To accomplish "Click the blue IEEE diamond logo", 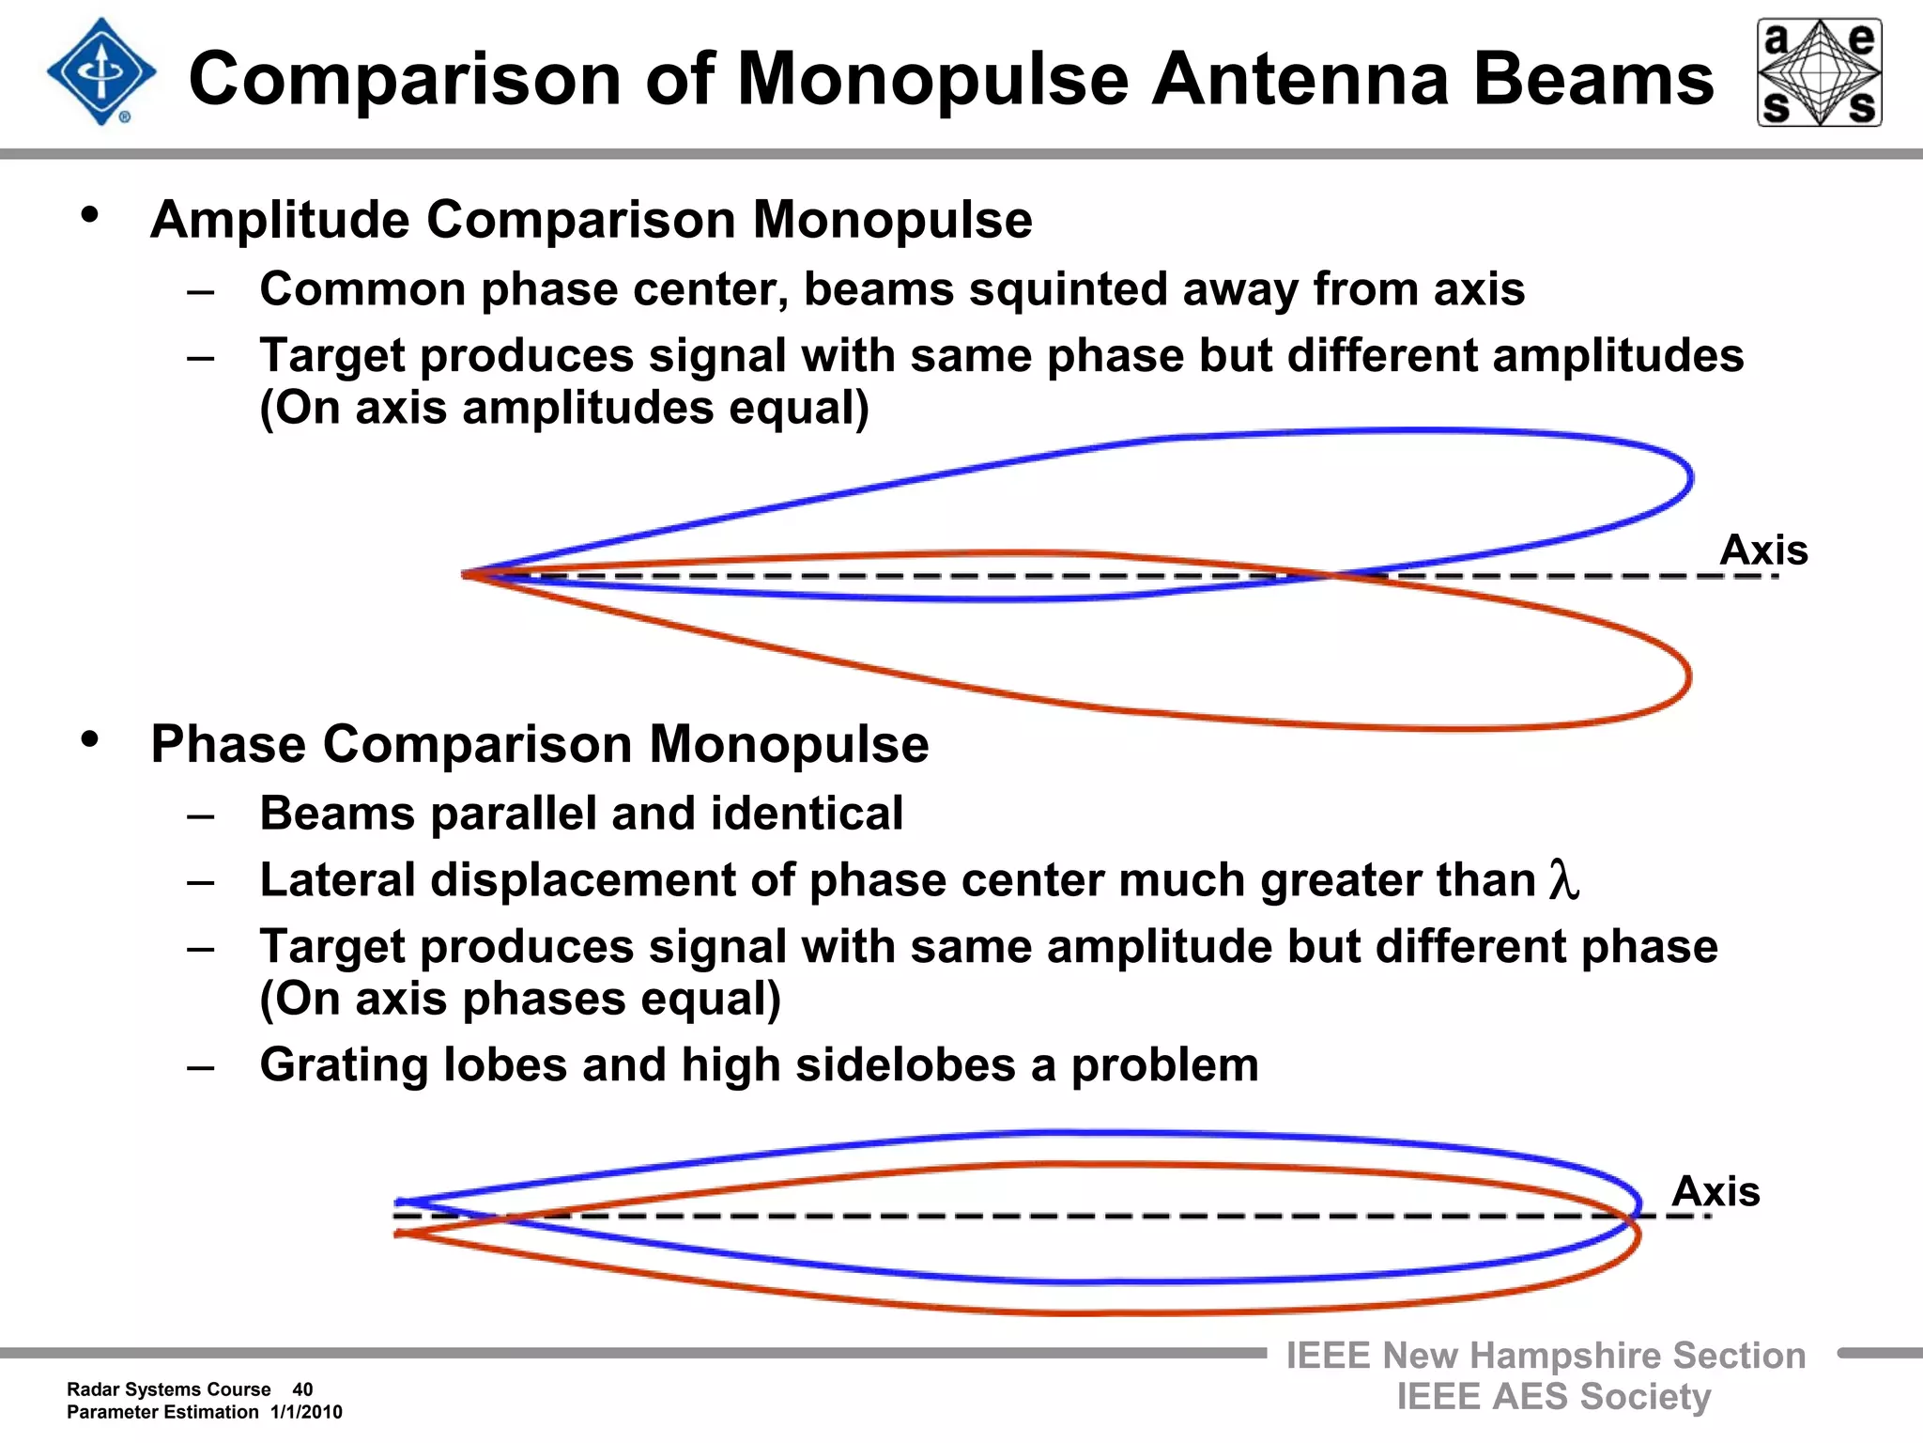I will (x=101, y=72).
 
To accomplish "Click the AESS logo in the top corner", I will (x=1819, y=72).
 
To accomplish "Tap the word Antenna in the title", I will (x=1300, y=79).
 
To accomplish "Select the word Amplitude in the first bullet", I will (x=280, y=220).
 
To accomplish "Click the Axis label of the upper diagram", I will (x=1763, y=550).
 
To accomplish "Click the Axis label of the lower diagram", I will (x=1715, y=1191).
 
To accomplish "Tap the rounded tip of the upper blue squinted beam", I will (x=1689, y=477).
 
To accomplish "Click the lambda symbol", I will (x=1564, y=880).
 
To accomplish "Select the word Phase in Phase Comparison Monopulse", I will (x=228, y=744).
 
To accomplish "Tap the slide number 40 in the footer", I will (x=302, y=1389).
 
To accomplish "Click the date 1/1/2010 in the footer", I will (x=306, y=1412).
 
